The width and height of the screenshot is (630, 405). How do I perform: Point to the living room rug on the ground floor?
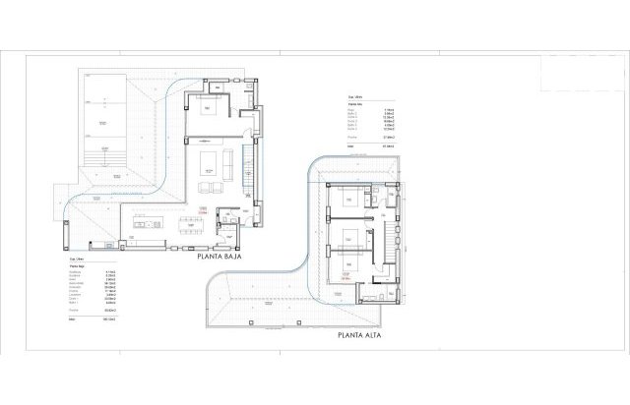(212, 162)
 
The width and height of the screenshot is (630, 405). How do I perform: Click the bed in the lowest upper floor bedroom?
(346, 266)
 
